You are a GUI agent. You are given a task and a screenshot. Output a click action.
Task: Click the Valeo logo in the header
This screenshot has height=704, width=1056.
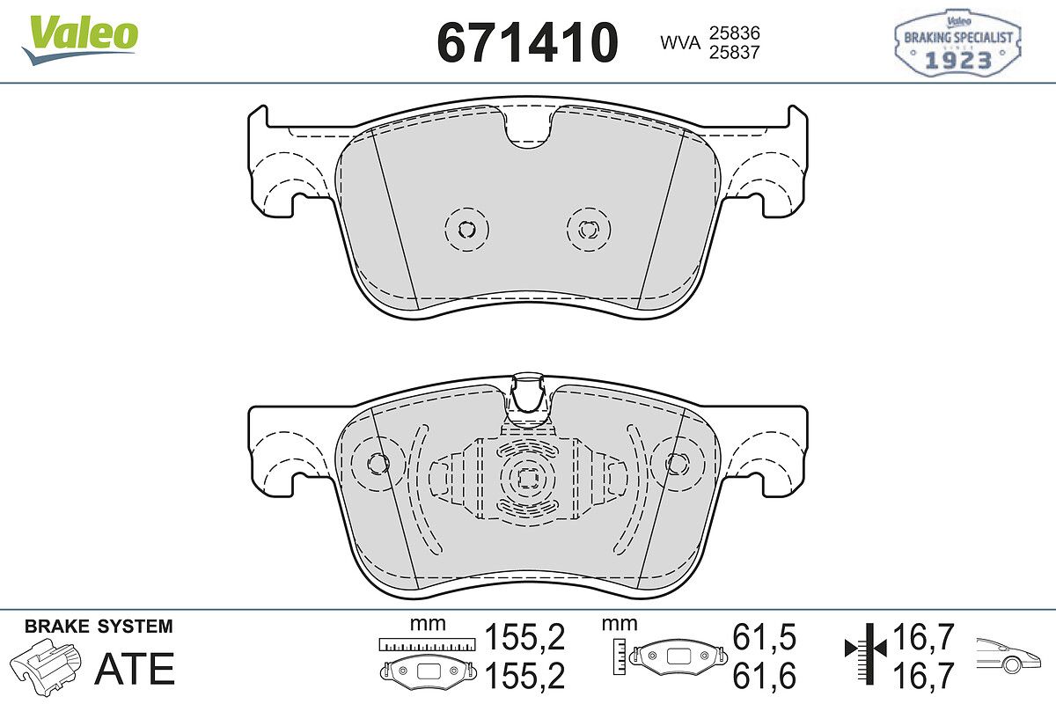80,40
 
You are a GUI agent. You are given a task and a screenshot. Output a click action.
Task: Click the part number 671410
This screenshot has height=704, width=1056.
527,42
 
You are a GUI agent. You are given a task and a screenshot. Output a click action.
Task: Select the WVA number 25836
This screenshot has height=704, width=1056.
735,33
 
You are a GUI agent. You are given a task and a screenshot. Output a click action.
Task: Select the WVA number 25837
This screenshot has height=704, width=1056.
735,52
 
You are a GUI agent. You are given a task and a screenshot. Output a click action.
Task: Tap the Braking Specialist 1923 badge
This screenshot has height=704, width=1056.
957,43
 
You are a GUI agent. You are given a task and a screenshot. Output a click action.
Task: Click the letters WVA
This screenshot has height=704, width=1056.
680,43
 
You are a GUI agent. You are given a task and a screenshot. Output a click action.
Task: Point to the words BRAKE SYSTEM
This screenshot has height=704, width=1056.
99,627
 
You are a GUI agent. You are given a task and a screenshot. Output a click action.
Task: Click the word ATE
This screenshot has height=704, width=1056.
135,669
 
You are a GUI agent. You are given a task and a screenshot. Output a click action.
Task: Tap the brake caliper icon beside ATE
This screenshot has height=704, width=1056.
45,664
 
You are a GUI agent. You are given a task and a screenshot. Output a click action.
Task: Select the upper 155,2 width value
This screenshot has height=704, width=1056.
524,637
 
